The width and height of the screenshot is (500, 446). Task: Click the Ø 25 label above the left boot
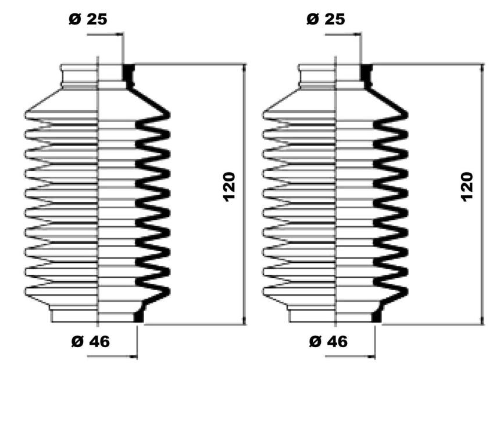(x=88, y=19)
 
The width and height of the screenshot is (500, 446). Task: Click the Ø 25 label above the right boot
(x=326, y=19)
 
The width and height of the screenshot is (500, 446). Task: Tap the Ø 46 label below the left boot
(x=91, y=342)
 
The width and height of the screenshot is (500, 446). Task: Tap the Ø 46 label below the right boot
(x=328, y=342)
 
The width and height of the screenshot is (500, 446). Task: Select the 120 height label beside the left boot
(x=229, y=187)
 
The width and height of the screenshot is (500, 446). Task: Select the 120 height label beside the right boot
(x=467, y=187)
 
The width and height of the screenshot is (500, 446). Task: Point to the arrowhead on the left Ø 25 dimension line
(x=120, y=34)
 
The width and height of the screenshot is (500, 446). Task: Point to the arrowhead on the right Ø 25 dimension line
(x=358, y=34)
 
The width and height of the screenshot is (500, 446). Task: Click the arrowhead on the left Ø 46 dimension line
(x=133, y=356)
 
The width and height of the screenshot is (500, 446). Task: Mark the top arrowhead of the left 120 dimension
(x=244, y=68)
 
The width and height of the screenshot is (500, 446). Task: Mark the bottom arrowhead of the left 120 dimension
(x=244, y=320)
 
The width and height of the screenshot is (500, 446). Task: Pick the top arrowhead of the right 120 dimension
(x=482, y=68)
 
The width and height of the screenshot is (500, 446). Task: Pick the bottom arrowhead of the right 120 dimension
(x=482, y=320)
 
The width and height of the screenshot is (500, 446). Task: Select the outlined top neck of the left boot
(x=78, y=77)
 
